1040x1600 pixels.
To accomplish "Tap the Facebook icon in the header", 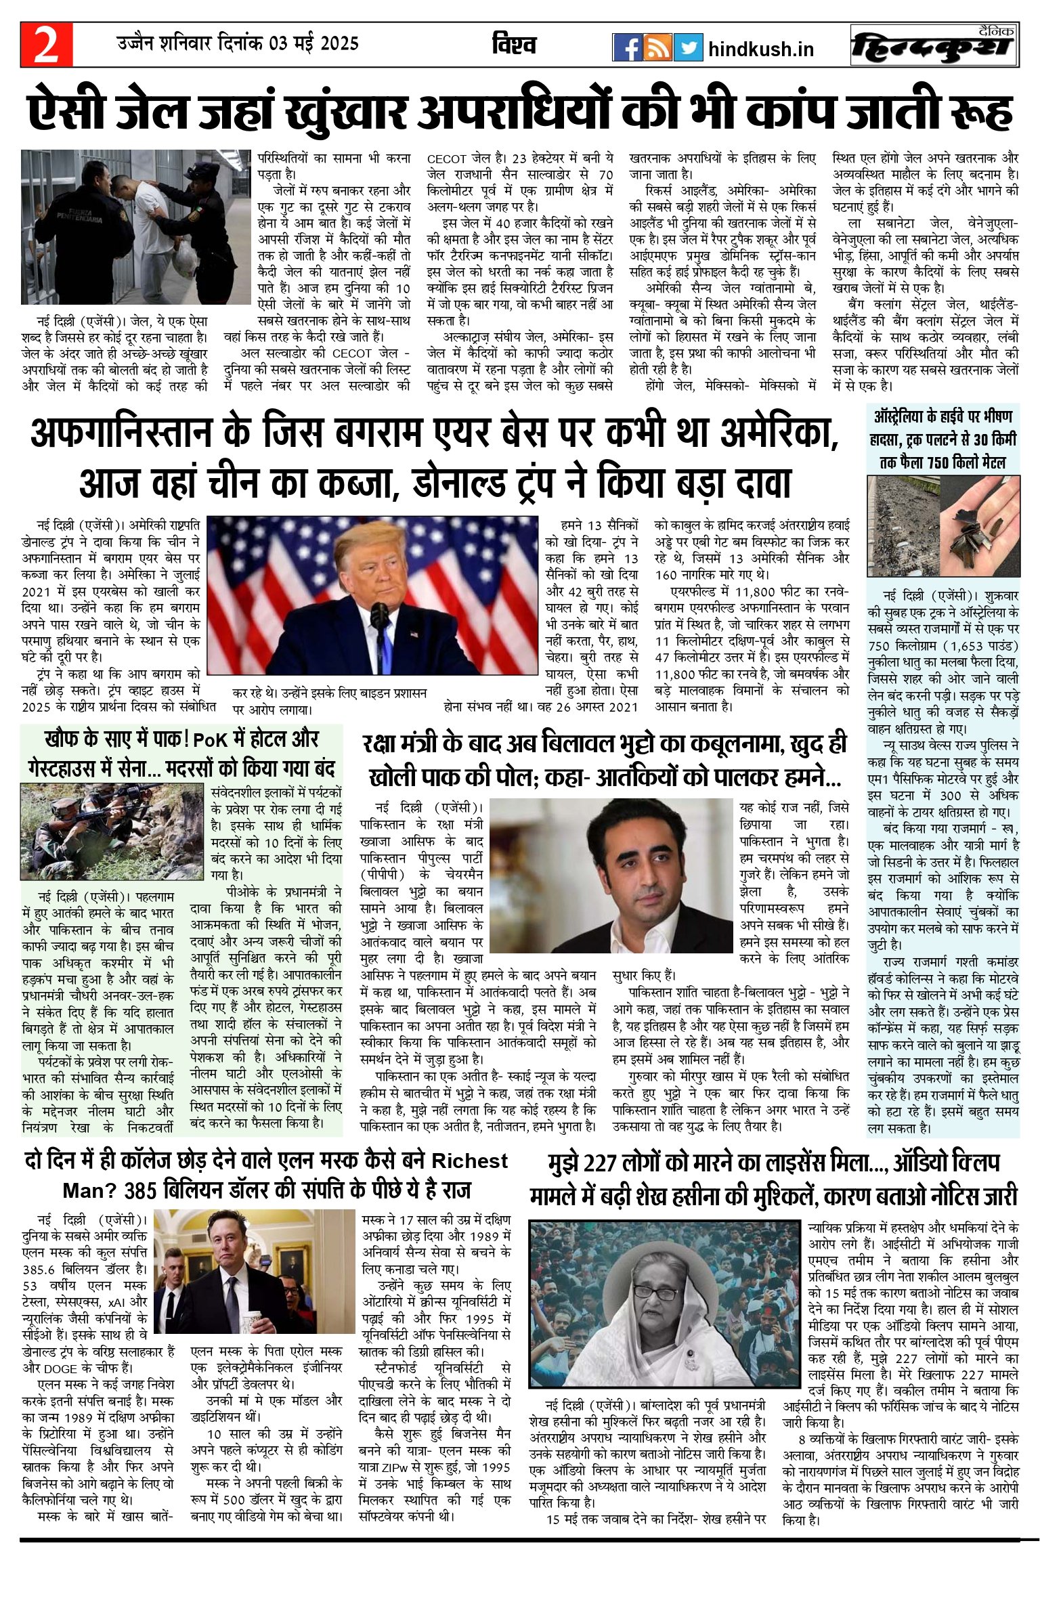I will [x=628, y=48].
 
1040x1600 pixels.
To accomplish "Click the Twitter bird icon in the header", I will [x=688, y=48].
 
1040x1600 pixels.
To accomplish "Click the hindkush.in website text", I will [x=761, y=49].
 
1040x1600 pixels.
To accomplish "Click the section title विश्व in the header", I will [x=514, y=45].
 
